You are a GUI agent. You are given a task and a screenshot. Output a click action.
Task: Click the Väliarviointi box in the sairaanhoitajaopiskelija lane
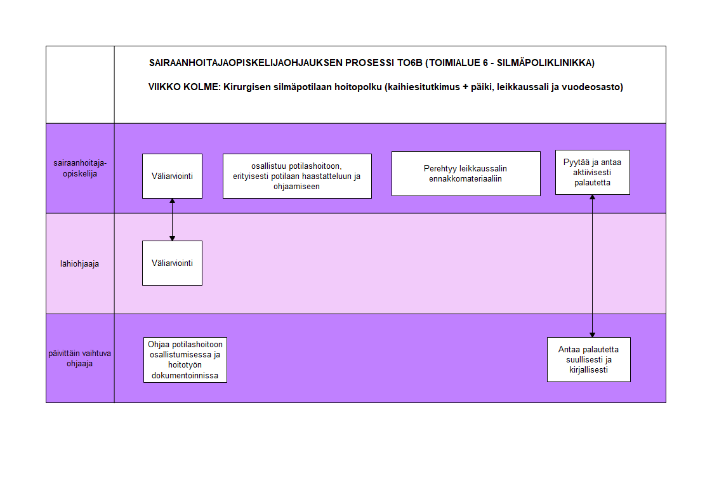pos(172,176)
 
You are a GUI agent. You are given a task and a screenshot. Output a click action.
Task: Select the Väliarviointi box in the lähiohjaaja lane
pos(172,263)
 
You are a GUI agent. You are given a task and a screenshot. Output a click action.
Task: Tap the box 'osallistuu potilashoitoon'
pos(297,176)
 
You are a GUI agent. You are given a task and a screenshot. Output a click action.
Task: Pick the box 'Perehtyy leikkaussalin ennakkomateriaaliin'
pos(466,173)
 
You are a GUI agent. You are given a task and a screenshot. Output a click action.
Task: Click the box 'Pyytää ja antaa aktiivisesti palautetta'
pos(593,173)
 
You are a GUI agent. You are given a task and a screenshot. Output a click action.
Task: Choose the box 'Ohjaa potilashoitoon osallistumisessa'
pos(185,360)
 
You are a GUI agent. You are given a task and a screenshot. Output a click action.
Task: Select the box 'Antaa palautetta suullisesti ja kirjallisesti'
pos(588,360)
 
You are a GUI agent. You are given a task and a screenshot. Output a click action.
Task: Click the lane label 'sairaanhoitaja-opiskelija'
pos(80,168)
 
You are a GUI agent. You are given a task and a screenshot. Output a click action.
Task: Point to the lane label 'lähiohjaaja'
pos(79,264)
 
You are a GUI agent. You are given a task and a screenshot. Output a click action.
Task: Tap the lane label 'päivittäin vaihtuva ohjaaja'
pos(79,358)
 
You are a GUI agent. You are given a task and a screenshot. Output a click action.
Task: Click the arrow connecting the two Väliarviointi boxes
pos(172,220)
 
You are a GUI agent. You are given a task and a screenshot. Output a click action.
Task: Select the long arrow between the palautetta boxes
pos(592,266)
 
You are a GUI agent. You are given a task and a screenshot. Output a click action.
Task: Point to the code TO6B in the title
pos(409,63)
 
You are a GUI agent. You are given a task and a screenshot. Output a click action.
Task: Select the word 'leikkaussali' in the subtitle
pos(523,87)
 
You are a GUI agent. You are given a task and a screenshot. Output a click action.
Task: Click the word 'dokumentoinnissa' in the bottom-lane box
pos(185,376)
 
